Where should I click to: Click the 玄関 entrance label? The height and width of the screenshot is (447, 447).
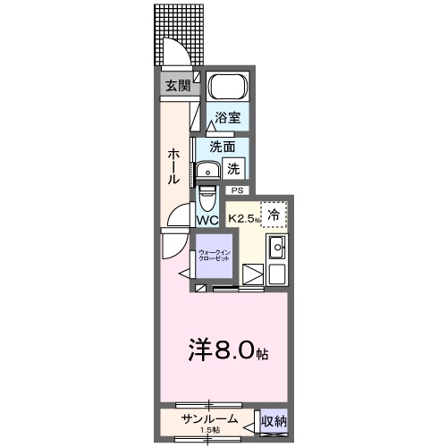[x=177, y=86]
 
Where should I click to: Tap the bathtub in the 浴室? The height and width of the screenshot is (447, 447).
[x=228, y=89]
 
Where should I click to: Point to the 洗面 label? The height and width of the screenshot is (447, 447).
[x=223, y=147]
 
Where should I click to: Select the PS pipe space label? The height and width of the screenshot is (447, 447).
[x=237, y=190]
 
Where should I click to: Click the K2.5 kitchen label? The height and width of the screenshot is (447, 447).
[x=244, y=218]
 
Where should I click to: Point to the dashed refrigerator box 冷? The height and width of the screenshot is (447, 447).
[x=274, y=214]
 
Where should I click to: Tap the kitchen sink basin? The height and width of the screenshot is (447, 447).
[x=277, y=248]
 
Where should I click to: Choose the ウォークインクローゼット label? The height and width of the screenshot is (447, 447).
[x=215, y=256]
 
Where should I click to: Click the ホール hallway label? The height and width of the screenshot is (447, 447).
[x=173, y=166]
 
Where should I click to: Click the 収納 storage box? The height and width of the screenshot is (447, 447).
[x=274, y=421]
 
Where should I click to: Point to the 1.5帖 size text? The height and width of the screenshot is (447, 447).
[x=209, y=432]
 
